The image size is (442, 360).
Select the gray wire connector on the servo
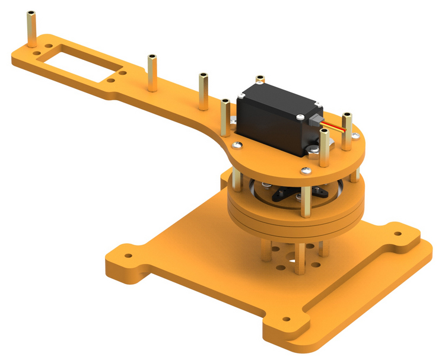[316, 121]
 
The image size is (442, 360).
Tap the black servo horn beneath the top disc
[285, 195]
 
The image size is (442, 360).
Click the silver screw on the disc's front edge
[306, 170]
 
